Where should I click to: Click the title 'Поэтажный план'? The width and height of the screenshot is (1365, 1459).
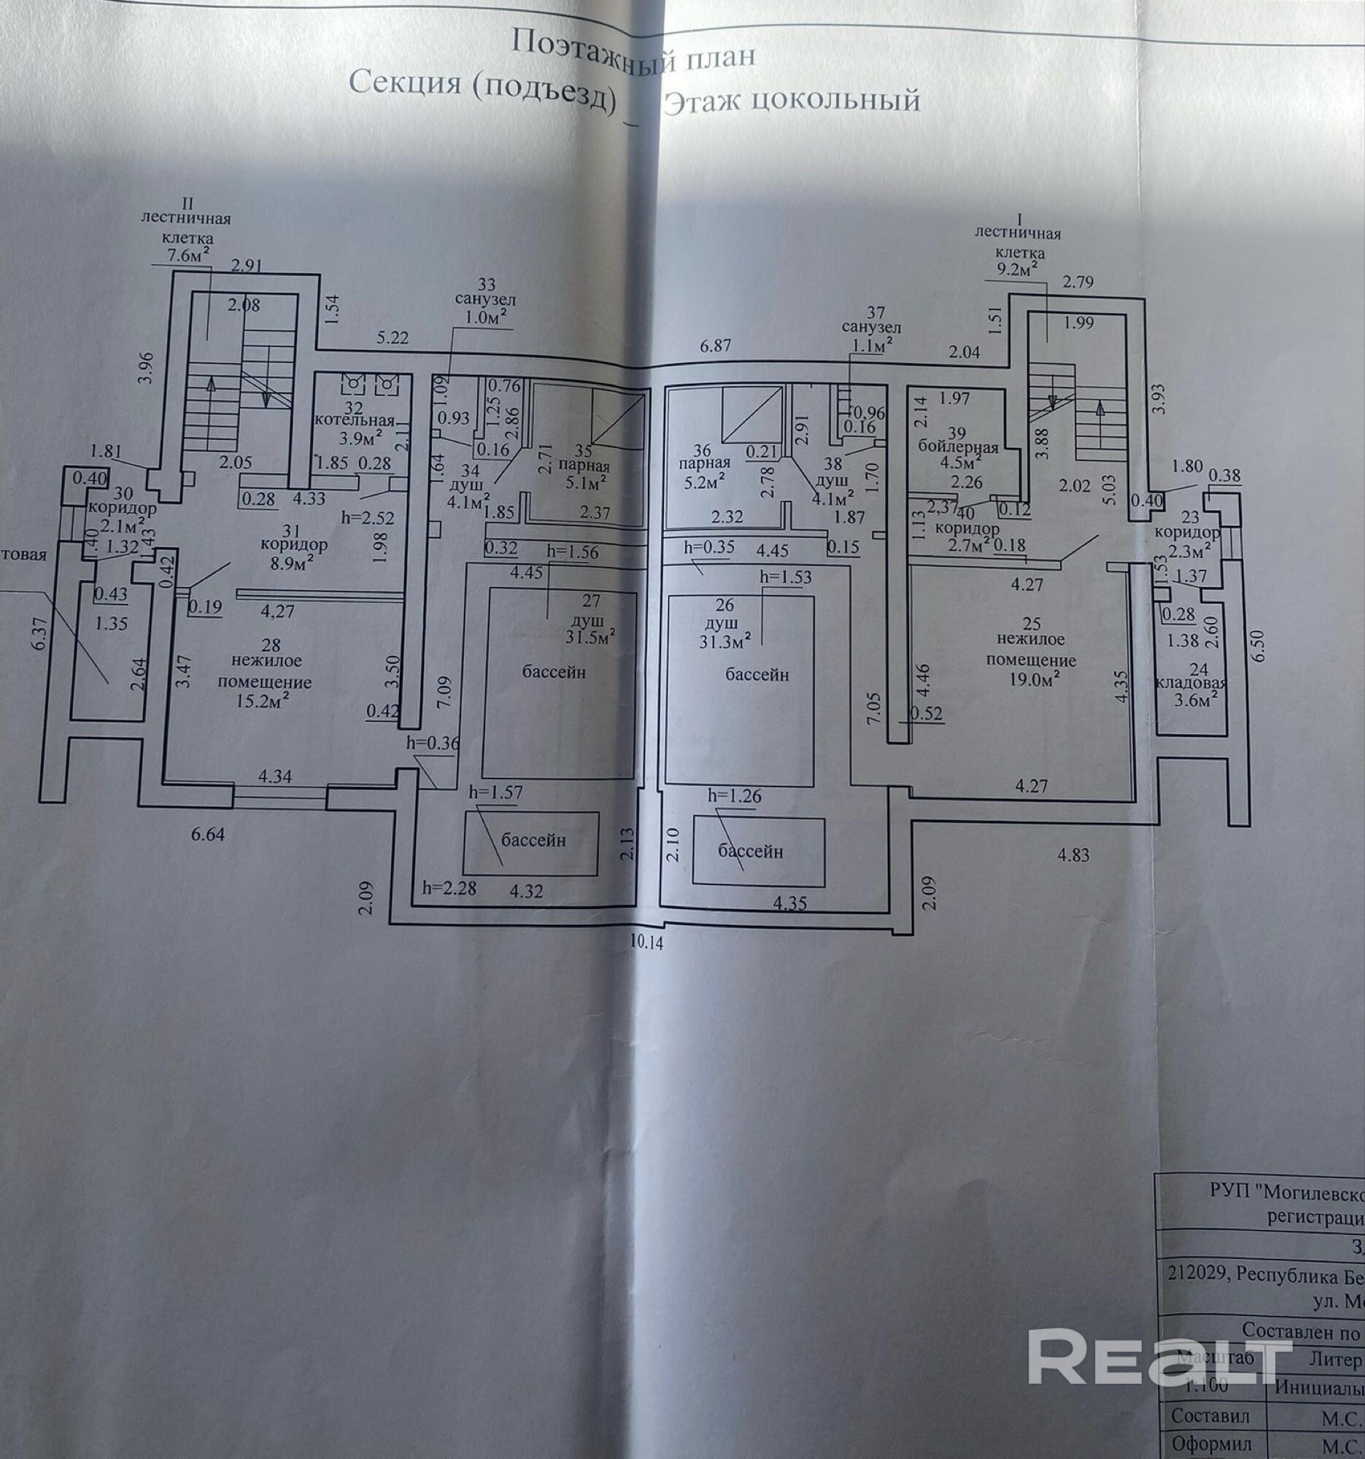click(x=633, y=51)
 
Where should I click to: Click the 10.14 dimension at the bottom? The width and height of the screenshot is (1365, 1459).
click(x=646, y=943)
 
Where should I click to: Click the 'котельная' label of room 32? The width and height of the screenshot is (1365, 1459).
click(x=355, y=421)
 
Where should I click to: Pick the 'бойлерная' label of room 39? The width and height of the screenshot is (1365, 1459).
click(x=958, y=448)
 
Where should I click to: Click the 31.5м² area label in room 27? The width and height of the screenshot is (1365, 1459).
click(x=590, y=635)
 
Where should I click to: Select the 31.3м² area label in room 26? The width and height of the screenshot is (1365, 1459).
click(x=726, y=641)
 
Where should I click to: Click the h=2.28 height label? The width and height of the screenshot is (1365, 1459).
click(x=449, y=888)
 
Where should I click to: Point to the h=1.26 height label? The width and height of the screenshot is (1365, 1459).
click(x=735, y=796)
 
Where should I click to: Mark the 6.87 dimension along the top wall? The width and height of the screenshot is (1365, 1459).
click(x=715, y=346)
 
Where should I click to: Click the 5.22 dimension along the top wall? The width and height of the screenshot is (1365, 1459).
click(x=393, y=338)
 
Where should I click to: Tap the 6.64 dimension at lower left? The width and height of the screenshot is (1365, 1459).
click(x=208, y=834)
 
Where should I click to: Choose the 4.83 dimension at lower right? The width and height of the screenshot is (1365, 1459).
click(x=1073, y=854)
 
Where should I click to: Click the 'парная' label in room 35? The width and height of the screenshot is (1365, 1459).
click(x=584, y=466)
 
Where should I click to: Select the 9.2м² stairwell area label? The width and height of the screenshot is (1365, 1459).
click(x=1016, y=269)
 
